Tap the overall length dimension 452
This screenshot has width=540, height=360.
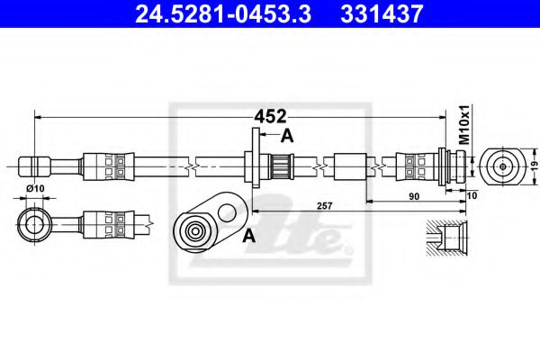(x=269, y=116)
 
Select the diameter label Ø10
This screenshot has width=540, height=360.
(x=35, y=187)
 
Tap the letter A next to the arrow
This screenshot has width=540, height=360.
(x=287, y=136)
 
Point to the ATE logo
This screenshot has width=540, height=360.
(x=306, y=236)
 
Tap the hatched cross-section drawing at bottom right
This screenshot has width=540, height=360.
(x=446, y=238)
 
